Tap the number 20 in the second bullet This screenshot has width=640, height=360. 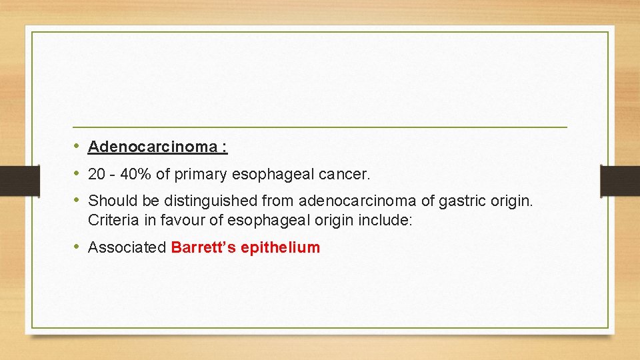pyautogui.click(x=97, y=175)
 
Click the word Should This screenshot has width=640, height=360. pyautogui.click(x=109, y=201)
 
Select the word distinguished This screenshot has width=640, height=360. pyautogui.click(x=204, y=201)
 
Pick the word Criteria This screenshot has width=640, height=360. pyautogui.click(x=110, y=221)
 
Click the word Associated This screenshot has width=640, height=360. pyautogui.click(x=127, y=247)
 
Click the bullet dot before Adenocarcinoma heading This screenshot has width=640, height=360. pyautogui.click(x=77, y=146)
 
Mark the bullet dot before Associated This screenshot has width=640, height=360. pyautogui.click(x=77, y=247)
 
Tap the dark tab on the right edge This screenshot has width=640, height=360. pyautogui.click(x=620, y=181)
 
